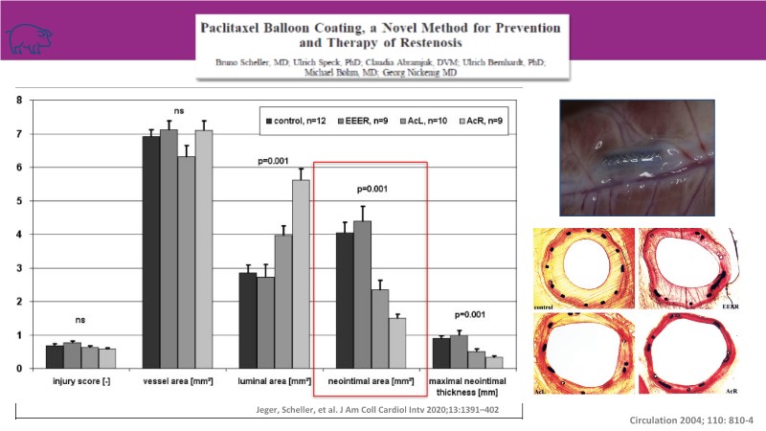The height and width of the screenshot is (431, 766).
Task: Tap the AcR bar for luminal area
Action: tap(300, 274)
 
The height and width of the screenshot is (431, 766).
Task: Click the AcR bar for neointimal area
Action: tap(397, 343)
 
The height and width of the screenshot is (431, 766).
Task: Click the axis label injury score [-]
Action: tap(80, 383)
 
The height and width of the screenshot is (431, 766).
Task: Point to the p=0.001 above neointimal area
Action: tap(371, 190)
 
